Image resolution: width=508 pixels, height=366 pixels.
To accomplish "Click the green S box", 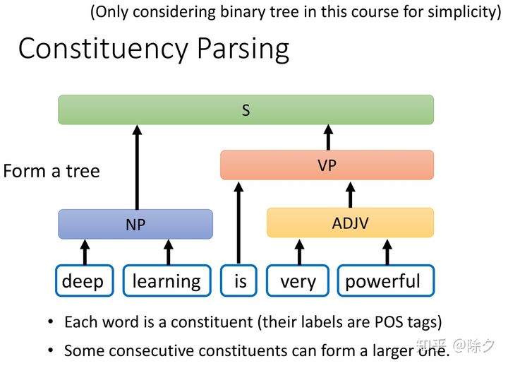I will pos(246,110).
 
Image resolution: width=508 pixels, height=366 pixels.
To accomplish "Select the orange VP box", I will pos(327,165).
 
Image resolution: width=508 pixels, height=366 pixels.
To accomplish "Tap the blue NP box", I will pos(135,224).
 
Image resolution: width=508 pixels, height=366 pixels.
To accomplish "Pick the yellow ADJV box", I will pos(350,223).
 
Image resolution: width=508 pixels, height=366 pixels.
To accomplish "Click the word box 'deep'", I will pos(83,281).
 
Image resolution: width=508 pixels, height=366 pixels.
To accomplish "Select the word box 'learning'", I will pos(167,281).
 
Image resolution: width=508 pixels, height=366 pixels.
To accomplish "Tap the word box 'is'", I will pos(241,281).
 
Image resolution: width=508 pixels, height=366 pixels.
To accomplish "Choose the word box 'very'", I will pos(298,281).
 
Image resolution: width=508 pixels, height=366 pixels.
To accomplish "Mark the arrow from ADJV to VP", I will pos(350,194).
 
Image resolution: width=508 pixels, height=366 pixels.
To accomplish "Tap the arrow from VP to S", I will pos(327,137).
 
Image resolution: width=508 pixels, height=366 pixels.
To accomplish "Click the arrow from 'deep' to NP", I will pos(85,252).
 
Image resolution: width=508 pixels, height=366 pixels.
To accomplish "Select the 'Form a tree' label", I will pos(52,171).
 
